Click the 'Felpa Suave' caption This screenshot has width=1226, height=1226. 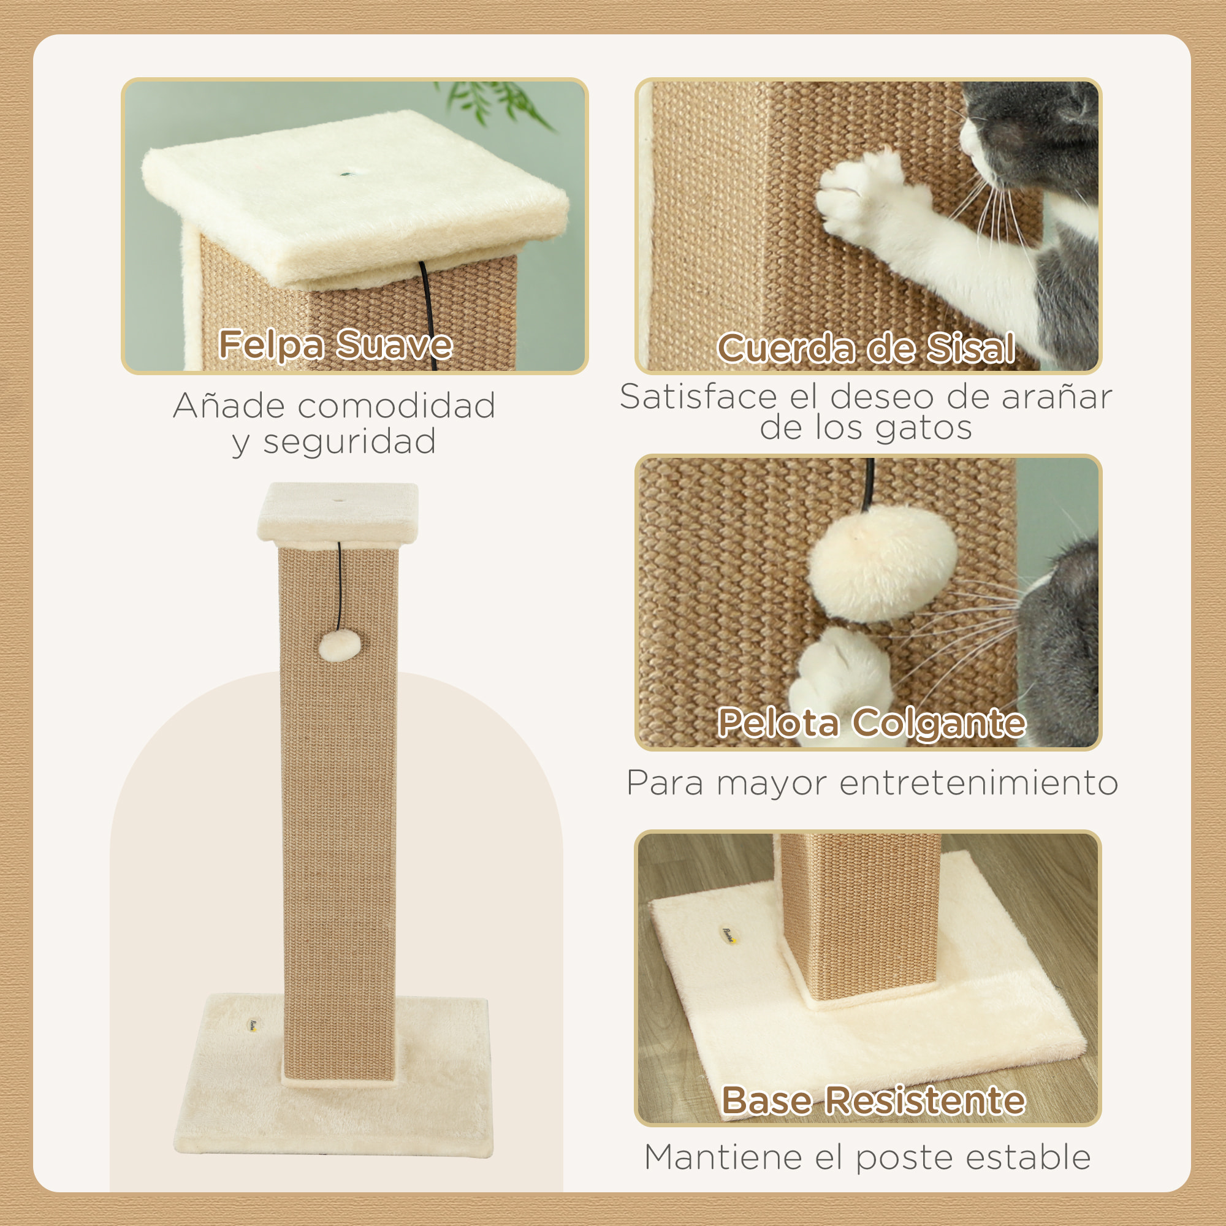(x=335, y=345)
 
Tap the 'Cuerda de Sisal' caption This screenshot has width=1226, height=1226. (x=866, y=348)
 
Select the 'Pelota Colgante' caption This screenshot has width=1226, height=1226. (x=870, y=722)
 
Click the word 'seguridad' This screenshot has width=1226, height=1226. (x=349, y=441)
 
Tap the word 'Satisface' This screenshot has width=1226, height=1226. (x=698, y=397)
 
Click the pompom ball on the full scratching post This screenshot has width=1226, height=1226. (x=340, y=646)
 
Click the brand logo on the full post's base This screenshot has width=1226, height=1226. (x=253, y=1024)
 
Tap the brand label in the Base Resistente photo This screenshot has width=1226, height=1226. (x=729, y=932)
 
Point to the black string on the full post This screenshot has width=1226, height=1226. (x=340, y=584)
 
